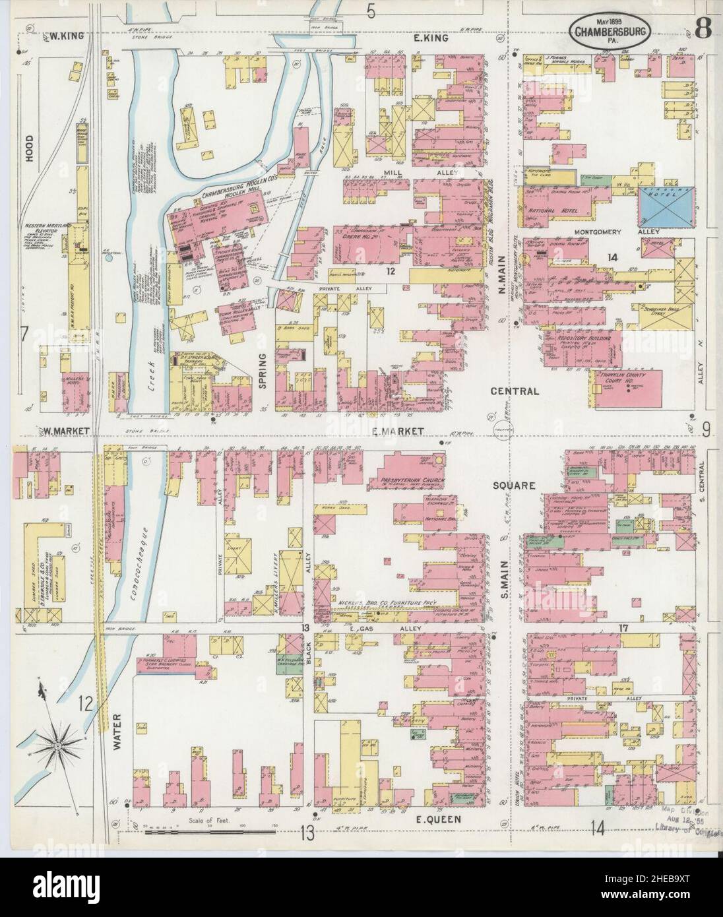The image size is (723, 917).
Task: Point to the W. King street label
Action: pos(66,37)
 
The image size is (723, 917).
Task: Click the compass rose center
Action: pos(59,745)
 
